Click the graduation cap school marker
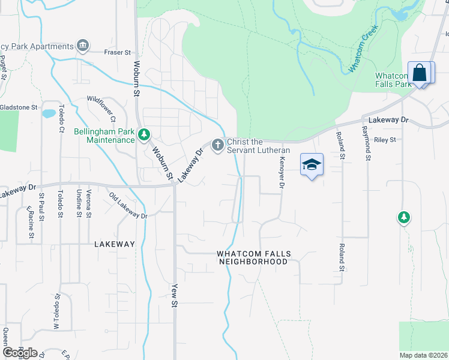point(312,164)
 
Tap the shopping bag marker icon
point(420,73)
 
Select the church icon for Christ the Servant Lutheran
point(217,145)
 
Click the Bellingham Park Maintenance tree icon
point(143,134)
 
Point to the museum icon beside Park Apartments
point(83,46)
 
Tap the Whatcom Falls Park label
point(393,80)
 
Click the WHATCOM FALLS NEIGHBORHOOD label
point(253,258)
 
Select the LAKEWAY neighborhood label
point(115,244)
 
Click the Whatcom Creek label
point(364,58)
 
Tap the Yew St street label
point(175,296)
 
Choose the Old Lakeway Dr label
point(128,205)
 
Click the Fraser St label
point(117,53)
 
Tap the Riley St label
point(385,140)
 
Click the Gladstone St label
point(19,107)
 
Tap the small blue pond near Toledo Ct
point(48,113)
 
